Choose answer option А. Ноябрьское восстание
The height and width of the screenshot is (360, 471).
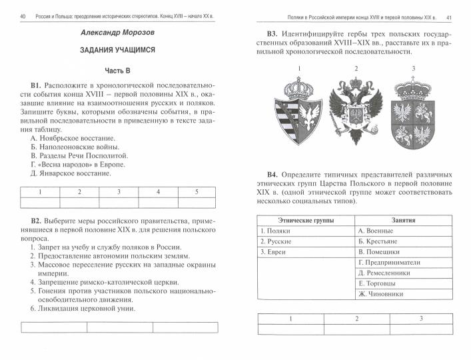(x=73, y=139)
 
